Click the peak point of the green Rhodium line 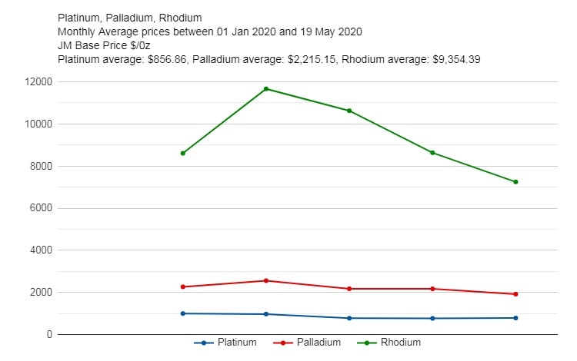pyautogui.click(x=266, y=89)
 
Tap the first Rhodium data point pyautogui.click(x=183, y=153)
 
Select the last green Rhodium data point pyautogui.click(x=515, y=182)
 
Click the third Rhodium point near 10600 pyautogui.click(x=349, y=111)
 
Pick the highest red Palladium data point pyautogui.click(x=266, y=280)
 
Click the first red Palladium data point pyautogui.click(x=183, y=286)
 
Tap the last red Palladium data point pyautogui.click(x=515, y=294)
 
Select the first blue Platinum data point pyautogui.click(x=183, y=313)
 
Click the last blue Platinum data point pyautogui.click(x=515, y=318)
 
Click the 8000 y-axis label pyautogui.click(x=39, y=166)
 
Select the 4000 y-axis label pyautogui.click(x=39, y=250)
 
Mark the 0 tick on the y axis pyautogui.click(x=48, y=335)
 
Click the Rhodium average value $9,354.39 pyautogui.click(x=453, y=59)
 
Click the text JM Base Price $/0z pyautogui.click(x=104, y=45)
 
